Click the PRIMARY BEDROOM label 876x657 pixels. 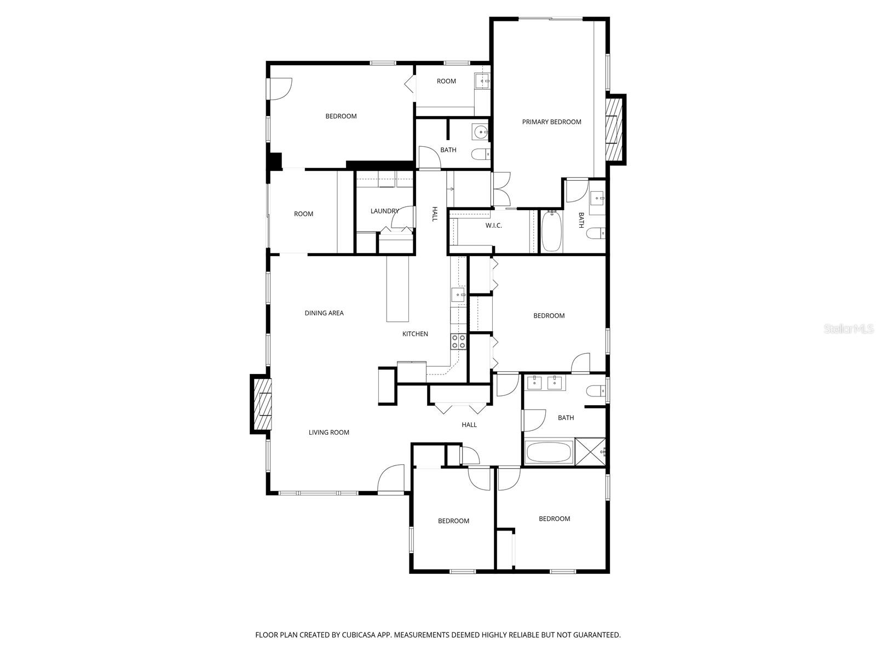(551, 122)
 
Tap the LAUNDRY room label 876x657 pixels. (384, 211)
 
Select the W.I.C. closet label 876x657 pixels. (493, 226)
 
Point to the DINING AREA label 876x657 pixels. (324, 313)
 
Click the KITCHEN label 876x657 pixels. (414, 334)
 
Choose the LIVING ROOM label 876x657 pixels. (328, 433)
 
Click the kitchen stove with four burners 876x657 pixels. (458, 342)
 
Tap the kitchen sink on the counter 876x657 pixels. (458, 295)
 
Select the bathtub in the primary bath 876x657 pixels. (551, 232)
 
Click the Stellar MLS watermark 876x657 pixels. (848, 328)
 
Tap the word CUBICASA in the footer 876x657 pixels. (359, 635)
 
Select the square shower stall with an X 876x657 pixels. (590, 452)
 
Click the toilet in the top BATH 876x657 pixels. (480, 154)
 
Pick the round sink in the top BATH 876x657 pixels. (480, 131)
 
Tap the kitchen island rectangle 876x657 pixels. (397, 289)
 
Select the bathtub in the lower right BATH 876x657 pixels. (548, 452)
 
